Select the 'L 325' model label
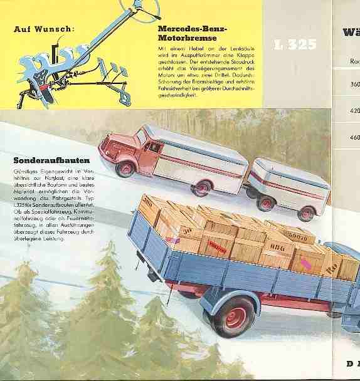click(x=295, y=44)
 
